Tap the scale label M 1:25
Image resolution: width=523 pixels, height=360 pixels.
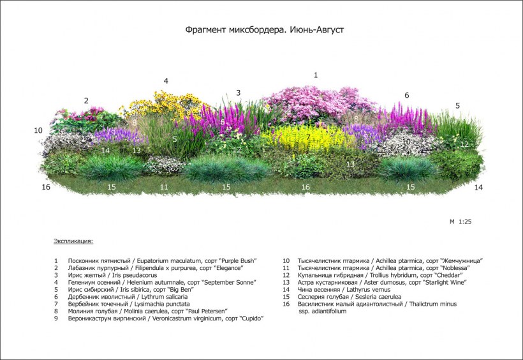460,221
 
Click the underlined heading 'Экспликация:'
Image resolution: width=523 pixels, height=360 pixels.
73,241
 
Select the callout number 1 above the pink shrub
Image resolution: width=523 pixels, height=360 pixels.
316,75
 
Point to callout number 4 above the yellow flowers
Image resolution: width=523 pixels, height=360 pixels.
166,81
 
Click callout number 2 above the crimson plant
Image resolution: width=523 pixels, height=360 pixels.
86,100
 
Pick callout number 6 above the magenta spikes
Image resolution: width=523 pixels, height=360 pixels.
406,95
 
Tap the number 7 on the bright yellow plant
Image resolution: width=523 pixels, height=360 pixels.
308,137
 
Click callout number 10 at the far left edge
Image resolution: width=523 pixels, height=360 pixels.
38,130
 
